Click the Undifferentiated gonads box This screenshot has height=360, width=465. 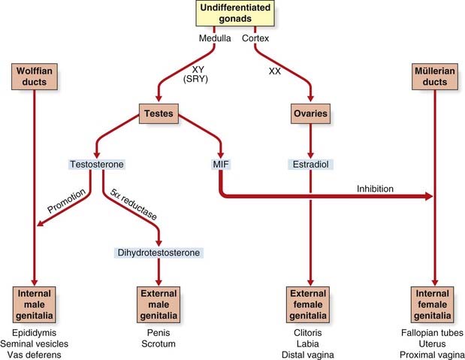pos(235,13)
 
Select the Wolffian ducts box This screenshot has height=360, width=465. pos(35,77)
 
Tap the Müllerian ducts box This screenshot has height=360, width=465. pos(435,77)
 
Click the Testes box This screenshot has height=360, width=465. pos(159,113)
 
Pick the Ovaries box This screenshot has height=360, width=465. pos(310,113)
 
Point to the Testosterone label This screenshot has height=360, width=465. pos(97,164)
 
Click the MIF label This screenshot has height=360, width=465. pos(221,164)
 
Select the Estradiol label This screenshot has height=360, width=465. pos(310,164)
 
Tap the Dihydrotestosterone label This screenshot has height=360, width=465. pos(159,253)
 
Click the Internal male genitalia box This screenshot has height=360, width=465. pos(35,304)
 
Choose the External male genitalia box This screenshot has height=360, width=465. pos(159,304)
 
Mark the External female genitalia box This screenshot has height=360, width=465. pos(308,304)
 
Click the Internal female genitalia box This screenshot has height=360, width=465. pos(433,304)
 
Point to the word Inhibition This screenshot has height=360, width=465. pos(375,189)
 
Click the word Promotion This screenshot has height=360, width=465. pos(66,201)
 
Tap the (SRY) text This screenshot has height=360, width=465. pos(195,79)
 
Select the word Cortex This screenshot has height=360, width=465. pos(255,38)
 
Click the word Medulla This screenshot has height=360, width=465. pos(215,38)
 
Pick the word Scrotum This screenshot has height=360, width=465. pos(159,344)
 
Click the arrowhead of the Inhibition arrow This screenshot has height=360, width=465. pos(429,196)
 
